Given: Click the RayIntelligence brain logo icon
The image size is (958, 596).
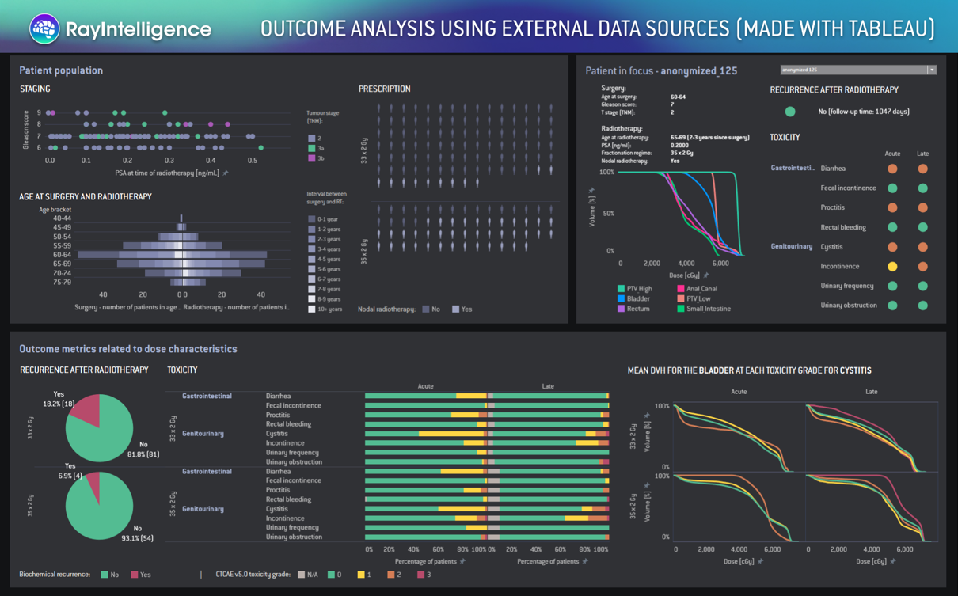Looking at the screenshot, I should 44,29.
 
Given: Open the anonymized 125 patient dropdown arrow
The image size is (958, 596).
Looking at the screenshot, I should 932,70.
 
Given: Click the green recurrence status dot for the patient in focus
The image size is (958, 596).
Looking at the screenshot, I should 790,112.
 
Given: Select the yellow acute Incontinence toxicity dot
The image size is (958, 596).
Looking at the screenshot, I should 892,267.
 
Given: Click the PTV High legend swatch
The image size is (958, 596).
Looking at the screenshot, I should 622,289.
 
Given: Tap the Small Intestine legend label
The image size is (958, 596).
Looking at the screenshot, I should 709,309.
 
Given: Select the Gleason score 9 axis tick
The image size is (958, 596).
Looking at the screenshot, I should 39,113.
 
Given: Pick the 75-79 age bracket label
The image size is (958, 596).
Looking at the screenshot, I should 61,282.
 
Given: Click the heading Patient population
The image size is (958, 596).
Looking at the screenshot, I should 61,70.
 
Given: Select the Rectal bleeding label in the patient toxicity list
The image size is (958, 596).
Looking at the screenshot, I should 843,227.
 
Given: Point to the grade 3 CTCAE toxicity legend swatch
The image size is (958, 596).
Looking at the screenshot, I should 421,575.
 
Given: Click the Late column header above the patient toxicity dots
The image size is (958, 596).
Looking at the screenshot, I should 922,154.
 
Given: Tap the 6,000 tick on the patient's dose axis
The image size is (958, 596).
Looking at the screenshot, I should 720,264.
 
